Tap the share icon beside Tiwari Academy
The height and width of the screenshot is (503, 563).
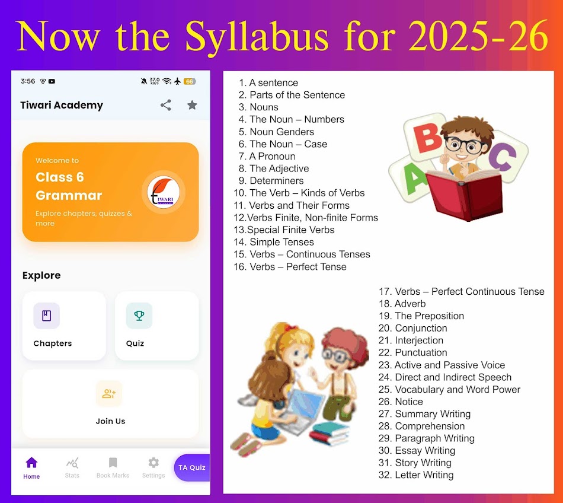(x=166, y=105)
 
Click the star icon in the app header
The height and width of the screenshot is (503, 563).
(x=192, y=105)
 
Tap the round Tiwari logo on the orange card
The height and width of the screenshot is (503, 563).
(x=164, y=192)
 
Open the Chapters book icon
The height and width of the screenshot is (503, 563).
(x=46, y=316)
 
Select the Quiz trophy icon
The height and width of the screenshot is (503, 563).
(x=139, y=316)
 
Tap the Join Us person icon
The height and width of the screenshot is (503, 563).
(x=109, y=394)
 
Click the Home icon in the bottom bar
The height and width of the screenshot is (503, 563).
(x=31, y=463)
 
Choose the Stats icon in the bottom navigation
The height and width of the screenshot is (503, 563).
(x=72, y=463)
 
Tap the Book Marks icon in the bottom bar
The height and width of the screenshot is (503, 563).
(x=113, y=463)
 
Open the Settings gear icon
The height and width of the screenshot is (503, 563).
(x=153, y=463)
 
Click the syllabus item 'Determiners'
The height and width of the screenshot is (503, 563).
(x=276, y=181)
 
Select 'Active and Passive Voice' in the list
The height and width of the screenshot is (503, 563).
(x=449, y=365)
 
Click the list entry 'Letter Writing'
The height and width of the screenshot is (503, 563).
(x=424, y=475)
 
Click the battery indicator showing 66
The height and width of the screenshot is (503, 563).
(x=190, y=81)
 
